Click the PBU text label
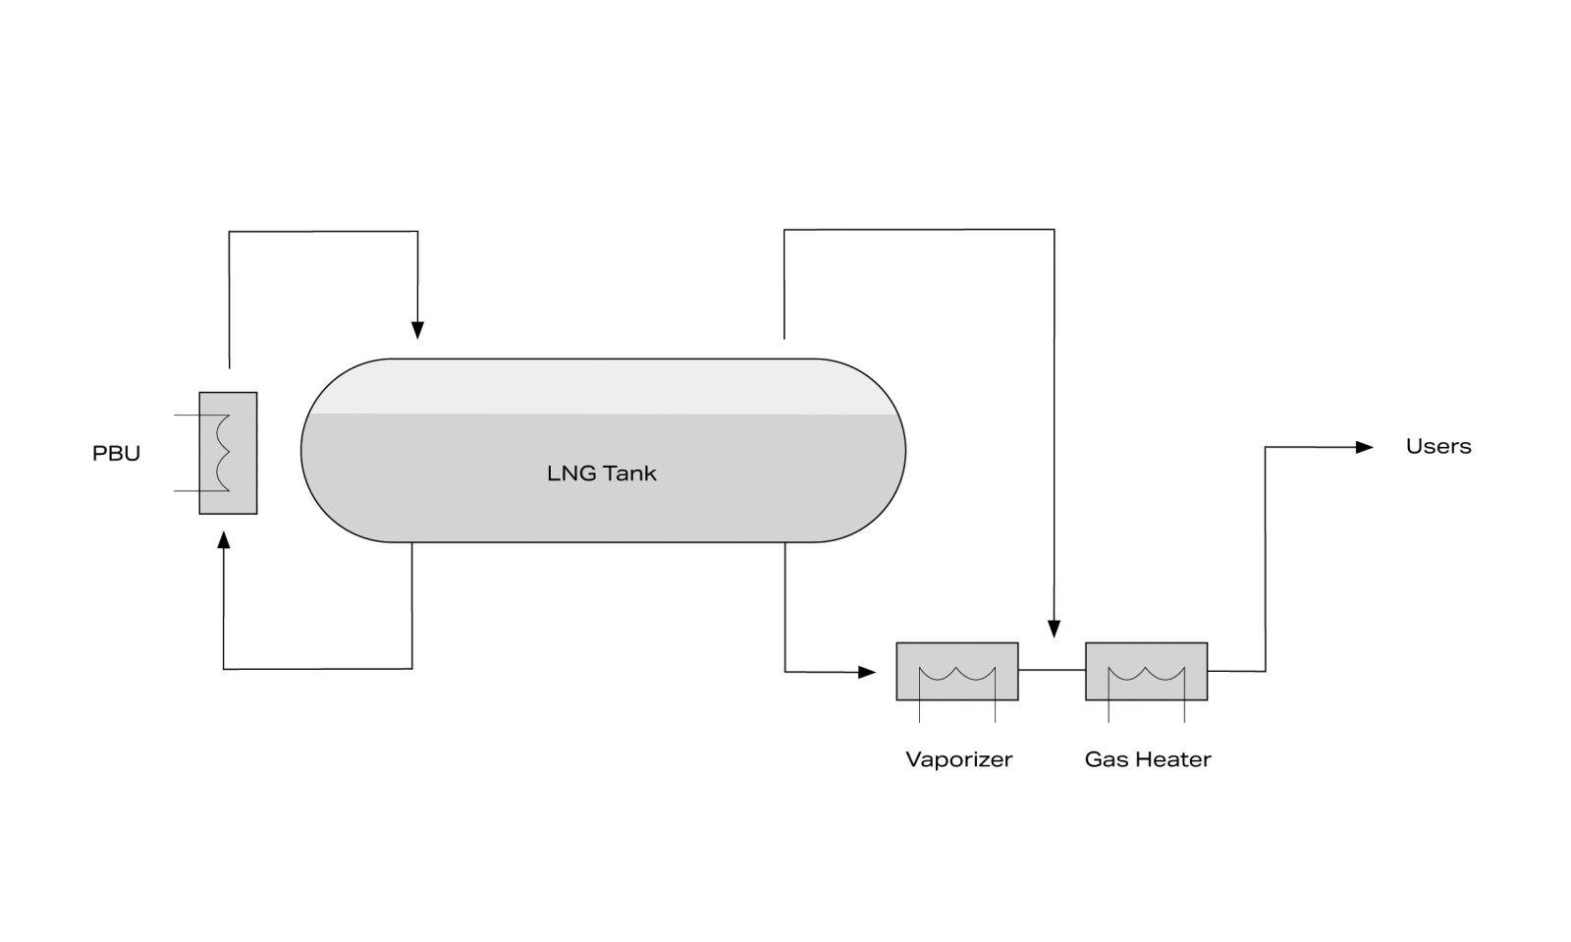click(116, 454)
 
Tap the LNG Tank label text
click(601, 473)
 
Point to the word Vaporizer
click(958, 759)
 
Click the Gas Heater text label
click(1147, 759)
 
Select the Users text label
click(1437, 446)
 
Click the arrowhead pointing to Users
click(1364, 447)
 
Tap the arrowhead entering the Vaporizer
click(866, 672)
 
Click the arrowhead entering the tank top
click(417, 330)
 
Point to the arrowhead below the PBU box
click(224, 539)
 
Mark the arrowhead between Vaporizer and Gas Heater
click(1054, 629)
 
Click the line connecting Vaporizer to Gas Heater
click(1052, 670)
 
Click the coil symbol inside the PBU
click(222, 453)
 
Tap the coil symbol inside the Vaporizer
click(956, 675)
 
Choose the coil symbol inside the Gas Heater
click(1146, 675)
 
